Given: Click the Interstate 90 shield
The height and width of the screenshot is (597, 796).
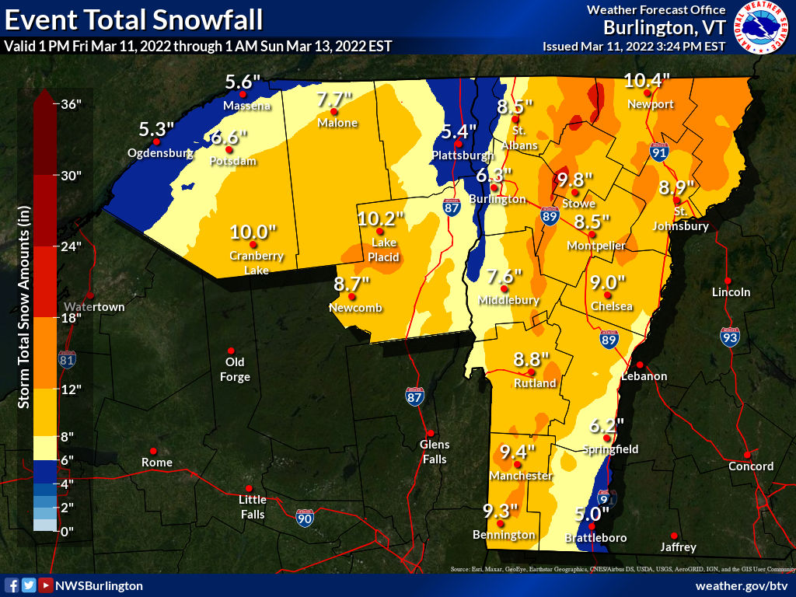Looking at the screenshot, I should pyautogui.click(x=305, y=517).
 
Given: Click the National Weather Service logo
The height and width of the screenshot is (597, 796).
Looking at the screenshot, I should pyautogui.click(x=759, y=28).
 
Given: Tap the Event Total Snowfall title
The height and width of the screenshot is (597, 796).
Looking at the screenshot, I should pyautogui.click(x=133, y=18).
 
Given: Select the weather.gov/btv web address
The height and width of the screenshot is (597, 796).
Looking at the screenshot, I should pyautogui.click(x=742, y=585).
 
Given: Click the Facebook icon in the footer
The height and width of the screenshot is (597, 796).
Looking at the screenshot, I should pyautogui.click(x=12, y=585).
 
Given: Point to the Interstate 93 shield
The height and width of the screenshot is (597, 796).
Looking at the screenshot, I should pyautogui.click(x=729, y=337).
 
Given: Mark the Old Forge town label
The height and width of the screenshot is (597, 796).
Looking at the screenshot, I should pyautogui.click(x=235, y=369).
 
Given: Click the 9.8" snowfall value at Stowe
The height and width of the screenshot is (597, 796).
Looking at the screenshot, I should pyautogui.click(x=575, y=180).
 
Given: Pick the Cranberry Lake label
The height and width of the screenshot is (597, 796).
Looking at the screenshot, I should pyautogui.click(x=256, y=263).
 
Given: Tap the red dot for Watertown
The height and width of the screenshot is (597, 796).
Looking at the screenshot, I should pyautogui.click(x=90, y=295).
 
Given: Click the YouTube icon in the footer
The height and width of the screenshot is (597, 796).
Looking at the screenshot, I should pyautogui.click(x=46, y=585).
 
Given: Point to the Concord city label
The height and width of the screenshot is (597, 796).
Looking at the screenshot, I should pyautogui.click(x=751, y=466).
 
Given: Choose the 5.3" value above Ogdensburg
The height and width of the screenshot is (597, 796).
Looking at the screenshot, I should pyautogui.click(x=156, y=127).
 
